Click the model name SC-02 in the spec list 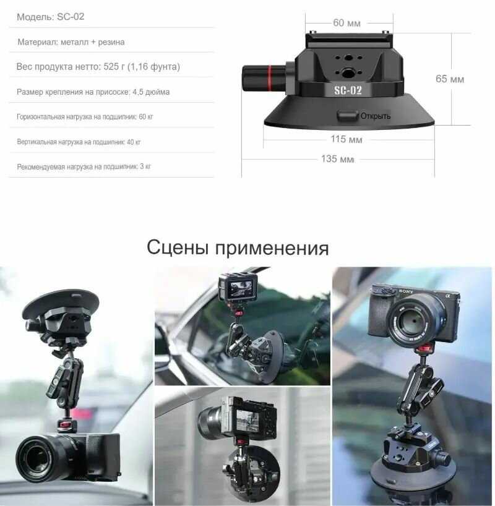pos(71,17)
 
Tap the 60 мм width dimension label pos(346,23)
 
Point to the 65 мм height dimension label pos(449,79)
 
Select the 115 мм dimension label pos(346,139)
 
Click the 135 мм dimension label pos(337,159)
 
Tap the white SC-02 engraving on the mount pos(348,90)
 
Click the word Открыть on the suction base pos(376,116)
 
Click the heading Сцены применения pos(238,247)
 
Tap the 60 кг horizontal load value pos(146,116)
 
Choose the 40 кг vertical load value pos(134,142)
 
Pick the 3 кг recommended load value pos(145,166)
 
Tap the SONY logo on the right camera pos(406,291)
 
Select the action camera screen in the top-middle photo pos(240,288)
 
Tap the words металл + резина pos(93,42)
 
